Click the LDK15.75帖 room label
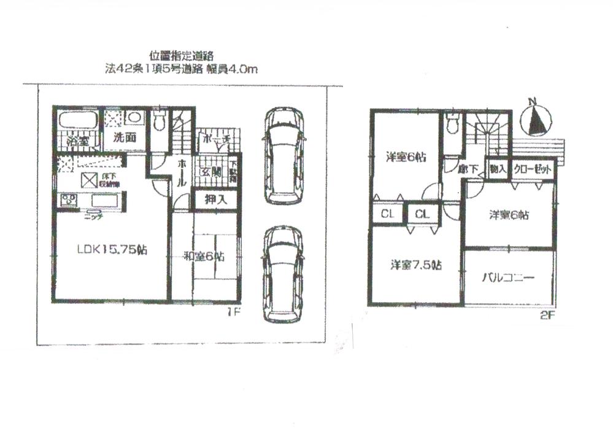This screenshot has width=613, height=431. (x=111, y=250)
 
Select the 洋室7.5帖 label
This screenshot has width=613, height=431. (x=416, y=265)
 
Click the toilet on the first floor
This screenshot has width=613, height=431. (x=160, y=122)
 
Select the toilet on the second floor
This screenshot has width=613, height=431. (x=452, y=125)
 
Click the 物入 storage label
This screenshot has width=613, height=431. (x=497, y=169)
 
